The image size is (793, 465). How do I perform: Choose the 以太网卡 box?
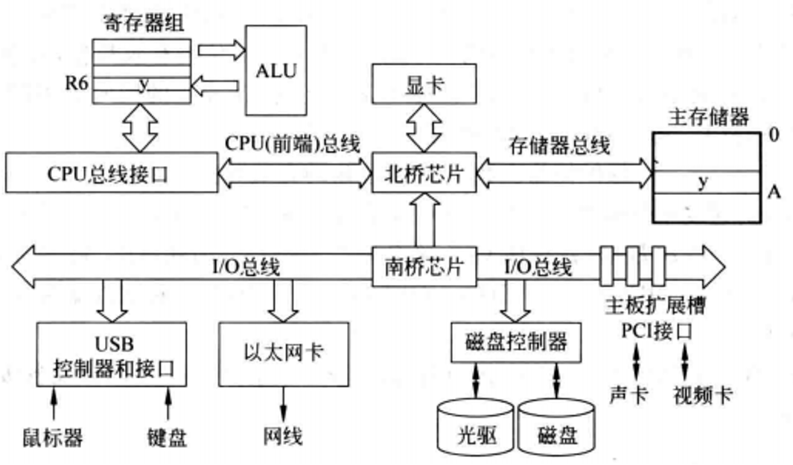[x=284, y=351]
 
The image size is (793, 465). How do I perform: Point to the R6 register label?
[x=76, y=83]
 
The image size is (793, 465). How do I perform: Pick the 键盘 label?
[x=168, y=436]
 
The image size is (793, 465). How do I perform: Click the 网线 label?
[x=283, y=436]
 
